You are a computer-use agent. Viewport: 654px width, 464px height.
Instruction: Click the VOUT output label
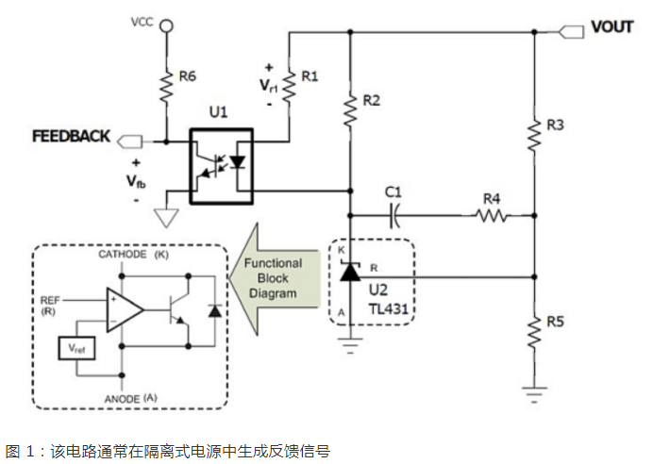(x=612, y=26)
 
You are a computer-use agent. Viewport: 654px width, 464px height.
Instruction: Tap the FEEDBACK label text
(x=71, y=136)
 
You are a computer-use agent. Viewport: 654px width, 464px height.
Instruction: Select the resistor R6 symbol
(x=166, y=87)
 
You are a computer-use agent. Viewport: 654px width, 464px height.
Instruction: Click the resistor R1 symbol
(x=290, y=84)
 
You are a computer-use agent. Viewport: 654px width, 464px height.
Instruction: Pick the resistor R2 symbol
(x=351, y=109)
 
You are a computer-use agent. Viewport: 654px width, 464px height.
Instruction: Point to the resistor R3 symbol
(x=534, y=136)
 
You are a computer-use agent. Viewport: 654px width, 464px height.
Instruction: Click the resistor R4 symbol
(x=491, y=216)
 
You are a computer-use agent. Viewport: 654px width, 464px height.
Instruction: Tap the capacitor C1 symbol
(x=394, y=216)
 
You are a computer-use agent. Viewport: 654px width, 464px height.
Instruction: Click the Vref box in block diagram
(x=76, y=349)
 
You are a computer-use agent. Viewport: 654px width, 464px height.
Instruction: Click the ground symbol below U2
(x=351, y=345)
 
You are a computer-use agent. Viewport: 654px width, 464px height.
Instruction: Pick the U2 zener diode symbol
(x=350, y=273)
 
